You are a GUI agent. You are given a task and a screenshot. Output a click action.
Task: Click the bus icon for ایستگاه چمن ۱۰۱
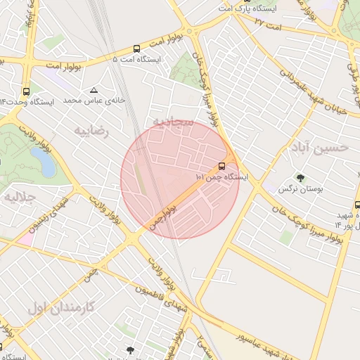click(222, 166)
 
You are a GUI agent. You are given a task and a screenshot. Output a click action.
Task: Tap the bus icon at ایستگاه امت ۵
click(136, 49)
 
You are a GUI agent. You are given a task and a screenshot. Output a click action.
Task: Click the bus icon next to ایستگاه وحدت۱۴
click(27, 91)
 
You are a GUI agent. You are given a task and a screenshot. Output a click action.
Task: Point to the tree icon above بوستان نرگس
click(300, 179)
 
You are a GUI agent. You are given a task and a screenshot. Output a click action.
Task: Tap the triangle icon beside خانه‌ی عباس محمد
click(94, 90)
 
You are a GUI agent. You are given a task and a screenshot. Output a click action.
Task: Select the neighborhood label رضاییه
click(91, 131)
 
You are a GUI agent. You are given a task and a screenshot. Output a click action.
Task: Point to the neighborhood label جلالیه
click(20, 198)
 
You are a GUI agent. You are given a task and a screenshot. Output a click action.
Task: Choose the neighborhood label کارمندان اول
click(67, 307)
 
